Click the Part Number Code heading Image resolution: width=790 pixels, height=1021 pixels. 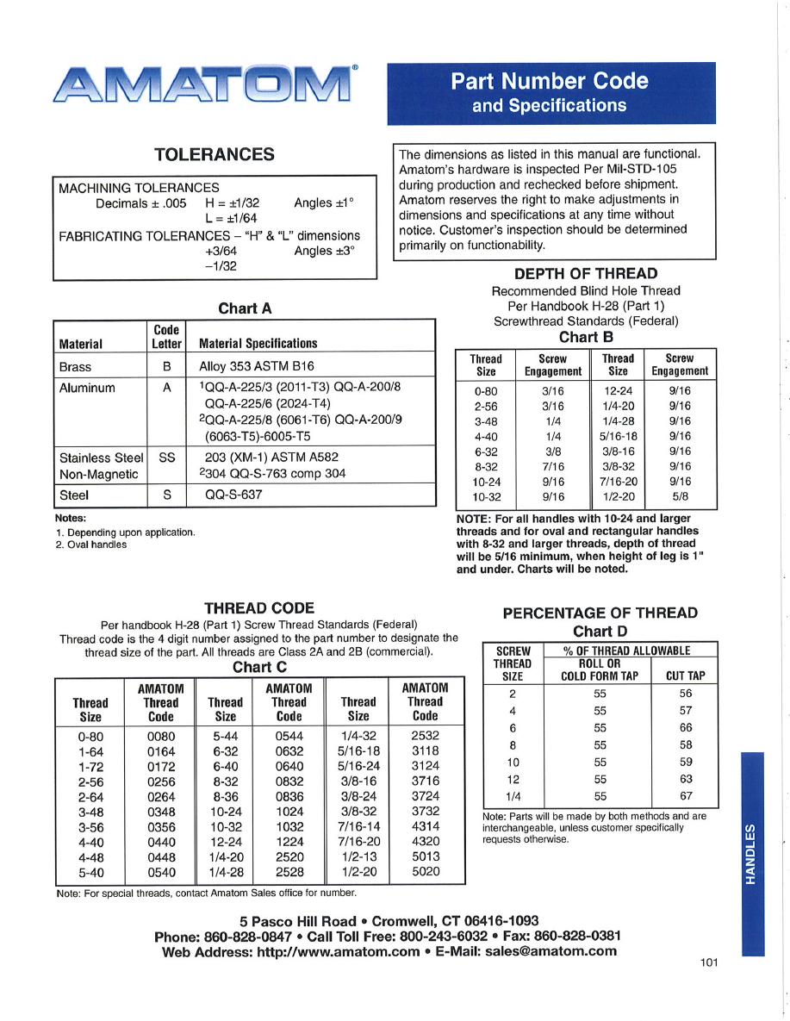[x=550, y=81]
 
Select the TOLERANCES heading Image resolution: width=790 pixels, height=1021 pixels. [x=215, y=155]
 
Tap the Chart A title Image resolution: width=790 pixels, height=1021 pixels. [x=245, y=308]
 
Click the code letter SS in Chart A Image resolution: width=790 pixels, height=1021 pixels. [x=167, y=458]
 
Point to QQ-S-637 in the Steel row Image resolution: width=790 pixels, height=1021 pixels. [x=233, y=495]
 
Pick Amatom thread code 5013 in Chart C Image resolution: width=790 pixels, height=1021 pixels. [x=426, y=856]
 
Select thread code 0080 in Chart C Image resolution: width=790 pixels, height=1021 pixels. [x=160, y=737]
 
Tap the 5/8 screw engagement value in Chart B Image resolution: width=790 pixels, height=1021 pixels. [x=679, y=497]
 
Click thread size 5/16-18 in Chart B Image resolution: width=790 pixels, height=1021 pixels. [x=618, y=436]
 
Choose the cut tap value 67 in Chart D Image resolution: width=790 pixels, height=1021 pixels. [x=686, y=796]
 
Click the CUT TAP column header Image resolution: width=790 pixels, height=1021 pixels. [x=686, y=676]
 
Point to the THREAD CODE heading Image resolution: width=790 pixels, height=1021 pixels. [x=259, y=608]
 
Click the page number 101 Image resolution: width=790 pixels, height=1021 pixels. [x=709, y=962]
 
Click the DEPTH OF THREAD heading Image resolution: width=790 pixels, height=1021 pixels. [x=586, y=274]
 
